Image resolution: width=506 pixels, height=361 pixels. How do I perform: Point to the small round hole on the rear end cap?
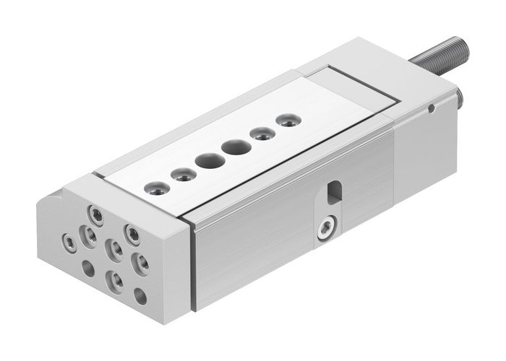[x=431, y=109]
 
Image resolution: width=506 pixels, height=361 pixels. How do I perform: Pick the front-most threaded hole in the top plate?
[x=157, y=188]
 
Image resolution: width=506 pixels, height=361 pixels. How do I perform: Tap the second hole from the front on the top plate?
[x=184, y=174]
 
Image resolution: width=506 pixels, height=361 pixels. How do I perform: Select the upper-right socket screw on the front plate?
[x=132, y=232]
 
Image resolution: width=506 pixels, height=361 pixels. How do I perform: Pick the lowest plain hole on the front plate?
[x=140, y=295]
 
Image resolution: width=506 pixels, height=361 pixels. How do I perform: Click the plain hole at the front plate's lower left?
[x=88, y=268]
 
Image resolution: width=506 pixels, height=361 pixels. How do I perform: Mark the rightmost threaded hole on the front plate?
[x=142, y=263]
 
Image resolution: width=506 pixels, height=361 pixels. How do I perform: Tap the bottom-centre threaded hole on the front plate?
[x=114, y=279]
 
